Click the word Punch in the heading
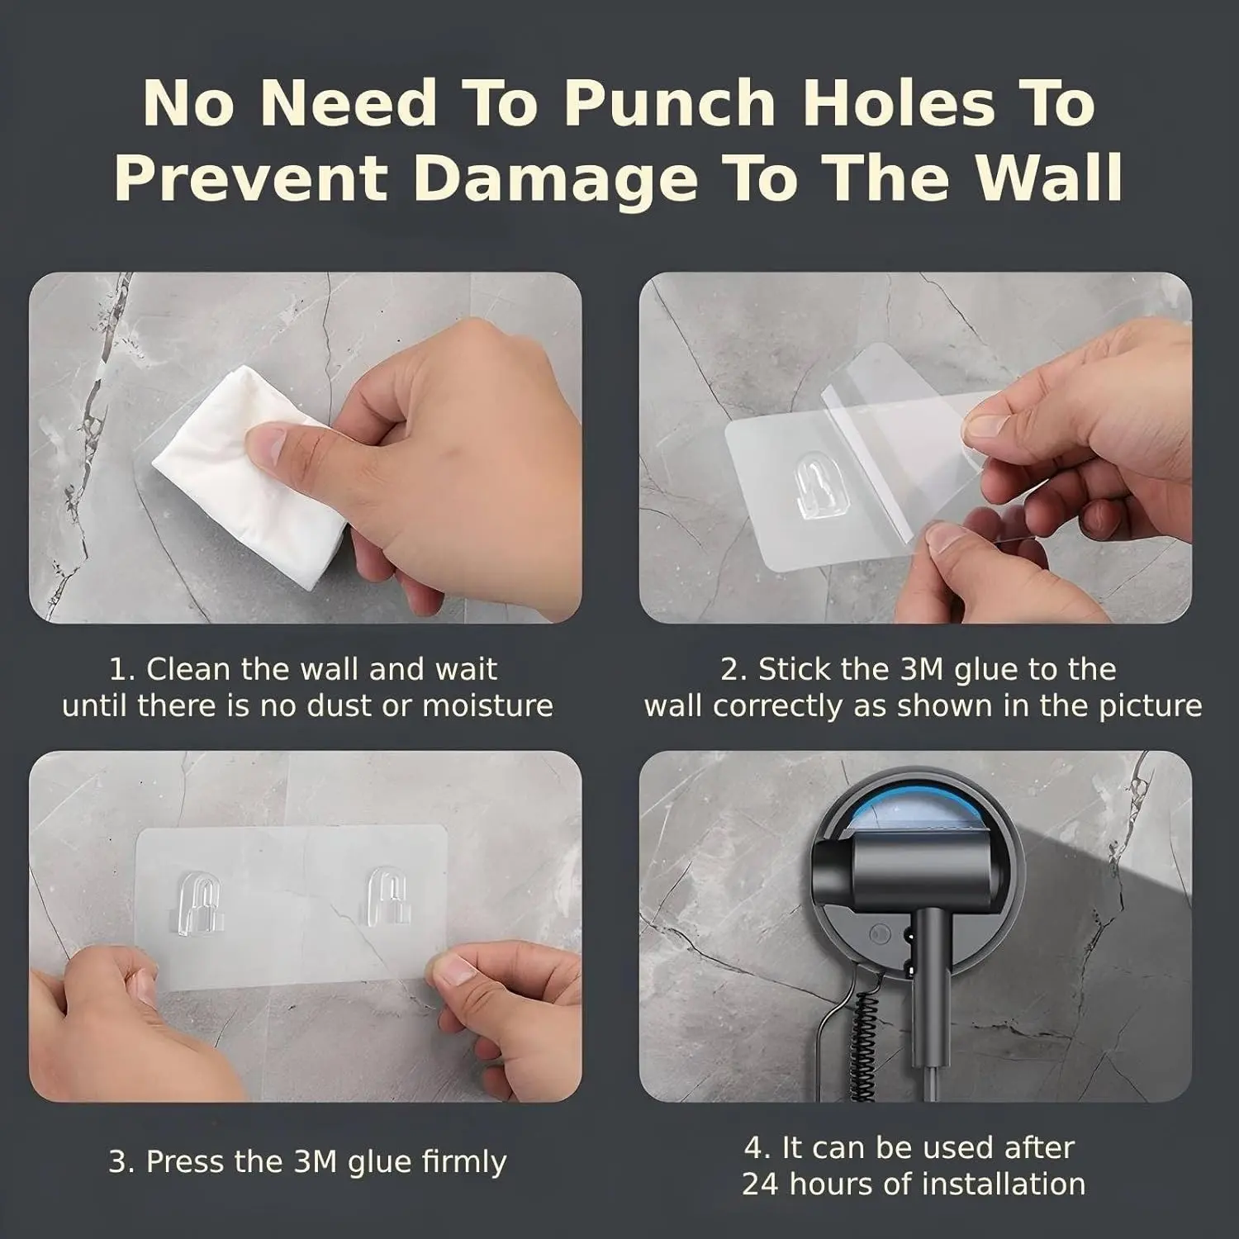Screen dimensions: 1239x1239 [x=669, y=105]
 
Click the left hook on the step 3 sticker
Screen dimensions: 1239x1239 [x=199, y=900]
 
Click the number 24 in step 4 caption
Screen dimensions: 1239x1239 [x=760, y=1184]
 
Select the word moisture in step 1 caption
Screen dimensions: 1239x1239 [x=487, y=706]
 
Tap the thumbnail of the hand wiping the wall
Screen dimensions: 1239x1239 [x=306, y=448]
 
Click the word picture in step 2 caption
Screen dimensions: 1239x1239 [x=1150, y=706]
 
